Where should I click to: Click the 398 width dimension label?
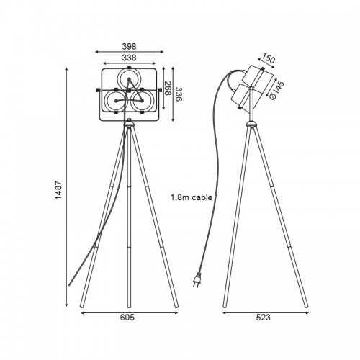click(129, 46)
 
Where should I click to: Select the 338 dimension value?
click(129, 58)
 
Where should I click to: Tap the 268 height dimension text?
click(167, 89)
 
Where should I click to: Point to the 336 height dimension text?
click(179, 94)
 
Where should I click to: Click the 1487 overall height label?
click(59, 190)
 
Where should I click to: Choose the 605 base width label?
click(127, 318)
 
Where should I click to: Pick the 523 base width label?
click(264, 318)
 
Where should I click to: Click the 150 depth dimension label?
click(268, 58)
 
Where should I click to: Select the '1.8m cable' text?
click(192, 197)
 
